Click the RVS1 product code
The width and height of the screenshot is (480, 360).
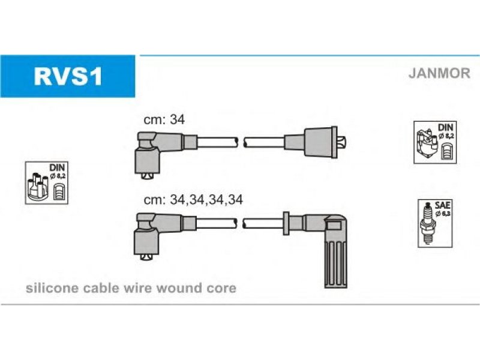pyautogui.click(x=68, y=76)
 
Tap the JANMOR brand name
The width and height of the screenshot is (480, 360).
pyautogui.click(x=439, y=73)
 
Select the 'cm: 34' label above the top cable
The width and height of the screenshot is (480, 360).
pyautogui.click(x=164, y=119)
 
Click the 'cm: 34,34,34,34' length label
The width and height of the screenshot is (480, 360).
pyautogui.click(x=193, y=200)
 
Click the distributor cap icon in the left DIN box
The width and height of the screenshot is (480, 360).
pyautogui.click(x=38, y=187)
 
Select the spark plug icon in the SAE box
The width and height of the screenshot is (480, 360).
pyautogui.click(x=428, y=223)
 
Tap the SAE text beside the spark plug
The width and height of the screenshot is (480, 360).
pyautogui.click(x=443, y=205)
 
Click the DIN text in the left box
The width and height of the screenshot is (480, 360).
pyautogui.click(x=57, y=167)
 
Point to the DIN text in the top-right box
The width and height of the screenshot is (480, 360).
pyautogui.click(x=446, y=127)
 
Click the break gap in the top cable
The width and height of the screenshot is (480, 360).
pyautogui.click(x=241, y=142)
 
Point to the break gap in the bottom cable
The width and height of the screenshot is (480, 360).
pyautogui.click(x=240, y=223)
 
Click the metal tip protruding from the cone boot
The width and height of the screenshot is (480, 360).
pyautogui.click(x=341, y=142)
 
